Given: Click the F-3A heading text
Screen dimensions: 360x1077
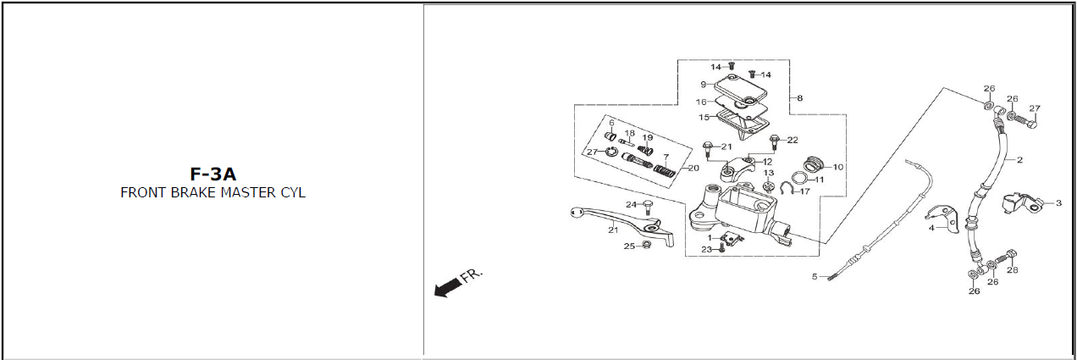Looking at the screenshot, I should (x=213, y=174).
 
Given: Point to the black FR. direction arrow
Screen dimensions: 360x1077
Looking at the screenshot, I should (x=442, y=289).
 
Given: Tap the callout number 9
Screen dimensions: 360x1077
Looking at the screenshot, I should (x=703, y=84).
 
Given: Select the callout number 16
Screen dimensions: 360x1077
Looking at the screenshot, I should (x=701, y=102).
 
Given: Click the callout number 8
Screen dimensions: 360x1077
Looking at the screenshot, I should (x=799, y=98).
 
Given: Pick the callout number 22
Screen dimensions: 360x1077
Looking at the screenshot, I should (x=793, y=140).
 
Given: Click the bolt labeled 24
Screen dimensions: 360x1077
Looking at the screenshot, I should (x=649, y=205).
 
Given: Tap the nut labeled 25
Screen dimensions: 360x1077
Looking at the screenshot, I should (x=647, y=246).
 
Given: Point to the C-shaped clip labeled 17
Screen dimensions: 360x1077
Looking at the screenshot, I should (x=787, y=189).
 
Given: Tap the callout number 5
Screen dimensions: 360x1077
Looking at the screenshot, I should (x=815, y=277).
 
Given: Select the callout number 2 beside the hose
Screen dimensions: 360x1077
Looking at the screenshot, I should (x=1019, y=159).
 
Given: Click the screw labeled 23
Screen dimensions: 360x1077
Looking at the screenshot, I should (x=721, y=249).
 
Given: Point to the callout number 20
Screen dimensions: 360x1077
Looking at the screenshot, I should (x=694, y=168).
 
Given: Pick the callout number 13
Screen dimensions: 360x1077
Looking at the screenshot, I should (x=769, y=173).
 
